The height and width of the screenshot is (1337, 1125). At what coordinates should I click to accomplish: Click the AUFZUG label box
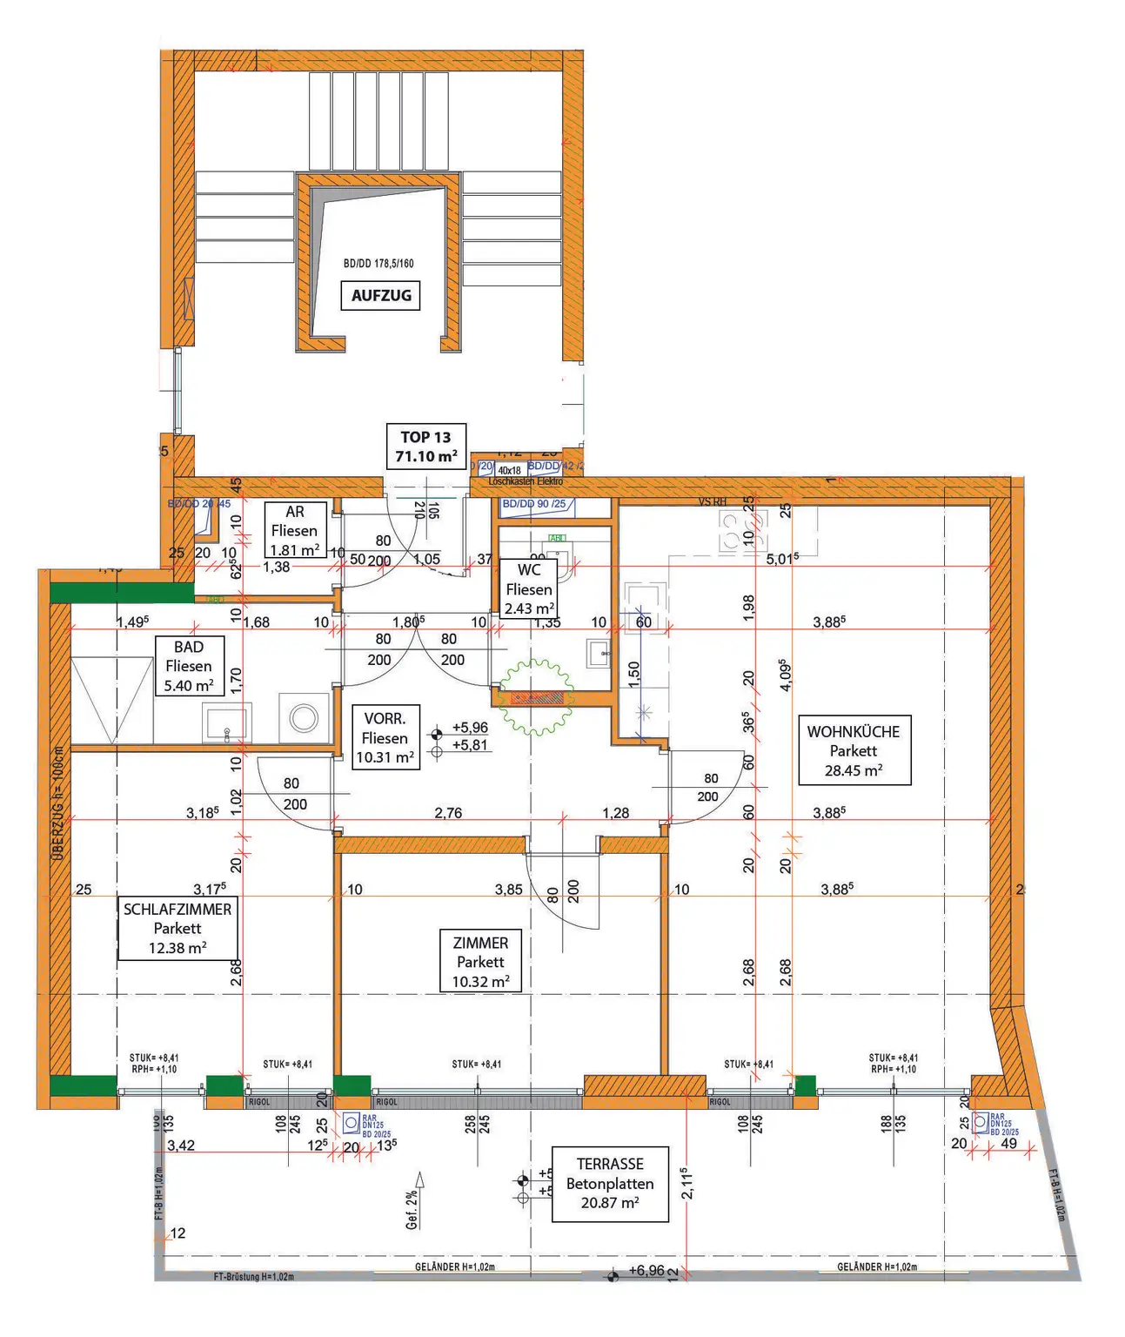[381, 295]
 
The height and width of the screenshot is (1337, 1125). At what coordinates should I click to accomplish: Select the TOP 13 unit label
[426, 447]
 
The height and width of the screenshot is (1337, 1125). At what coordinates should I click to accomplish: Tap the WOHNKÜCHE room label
[854, 750]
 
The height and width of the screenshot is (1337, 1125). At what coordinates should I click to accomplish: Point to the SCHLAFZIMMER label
[177, 929]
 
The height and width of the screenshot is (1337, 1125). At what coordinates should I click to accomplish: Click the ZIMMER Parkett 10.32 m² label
[480, 962]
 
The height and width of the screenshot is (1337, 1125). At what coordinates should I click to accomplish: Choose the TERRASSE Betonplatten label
[610, 1184]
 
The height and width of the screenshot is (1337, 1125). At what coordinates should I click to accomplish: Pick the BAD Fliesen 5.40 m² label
[189, 666]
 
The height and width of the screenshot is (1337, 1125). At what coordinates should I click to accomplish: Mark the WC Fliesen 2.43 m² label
[529, 589]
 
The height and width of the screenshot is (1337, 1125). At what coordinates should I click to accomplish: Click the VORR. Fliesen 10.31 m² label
[385, 737]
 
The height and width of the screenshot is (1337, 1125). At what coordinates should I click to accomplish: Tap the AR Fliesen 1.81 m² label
[295, 531]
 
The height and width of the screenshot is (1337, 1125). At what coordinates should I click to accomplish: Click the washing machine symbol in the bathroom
[304, 718]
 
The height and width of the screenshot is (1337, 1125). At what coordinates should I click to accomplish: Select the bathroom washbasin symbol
[226, 722]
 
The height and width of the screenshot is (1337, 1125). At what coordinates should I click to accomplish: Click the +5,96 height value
[470, 728]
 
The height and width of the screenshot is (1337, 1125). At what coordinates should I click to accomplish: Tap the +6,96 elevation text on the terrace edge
[646, 1271]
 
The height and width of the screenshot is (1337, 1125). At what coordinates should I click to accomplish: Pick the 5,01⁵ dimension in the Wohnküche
[782, 559]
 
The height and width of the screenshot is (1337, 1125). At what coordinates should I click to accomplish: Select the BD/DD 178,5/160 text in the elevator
[378, 263]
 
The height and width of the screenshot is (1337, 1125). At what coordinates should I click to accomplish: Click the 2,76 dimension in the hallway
[448, 813]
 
